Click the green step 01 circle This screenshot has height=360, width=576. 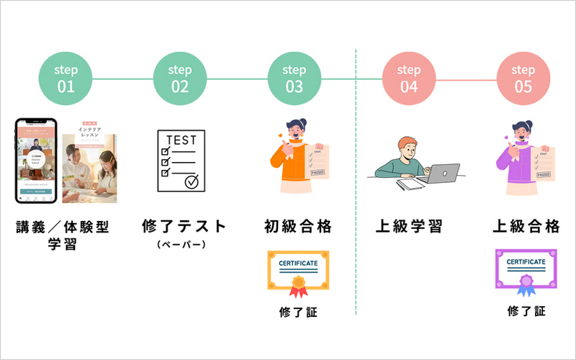[66, 78]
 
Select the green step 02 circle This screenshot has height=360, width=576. [180, 78]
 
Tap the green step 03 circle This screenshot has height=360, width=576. [294, 78]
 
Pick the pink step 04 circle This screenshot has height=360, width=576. [409, 78]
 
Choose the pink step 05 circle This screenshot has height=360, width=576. [523, 78]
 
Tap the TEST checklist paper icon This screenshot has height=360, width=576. [181, 161]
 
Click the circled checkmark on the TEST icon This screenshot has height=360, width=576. [192, 182]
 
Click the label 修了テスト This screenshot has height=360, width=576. [184, 227]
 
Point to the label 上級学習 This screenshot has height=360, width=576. [409, 227]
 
